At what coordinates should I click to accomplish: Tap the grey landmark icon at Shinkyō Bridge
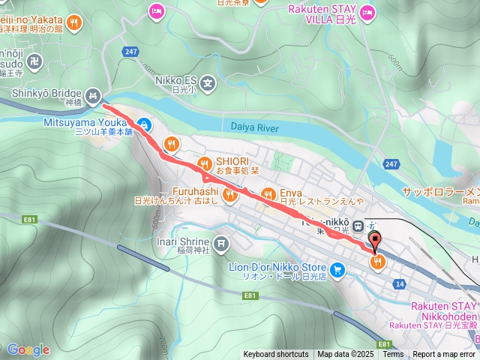point(93,95)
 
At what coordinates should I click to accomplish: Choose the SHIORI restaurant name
point(234,160)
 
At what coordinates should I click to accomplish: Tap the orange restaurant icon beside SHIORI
point(203,164)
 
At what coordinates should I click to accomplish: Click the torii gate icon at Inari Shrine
point(220,243)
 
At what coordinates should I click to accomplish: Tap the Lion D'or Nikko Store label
point(277,267)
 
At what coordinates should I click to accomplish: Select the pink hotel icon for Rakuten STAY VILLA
point(367,12)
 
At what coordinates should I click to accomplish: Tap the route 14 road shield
point(399,284)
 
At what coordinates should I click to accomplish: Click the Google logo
point(28,349)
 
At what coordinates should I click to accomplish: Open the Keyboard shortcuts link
point(275,354)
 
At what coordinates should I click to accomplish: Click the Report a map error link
point(444,354)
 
